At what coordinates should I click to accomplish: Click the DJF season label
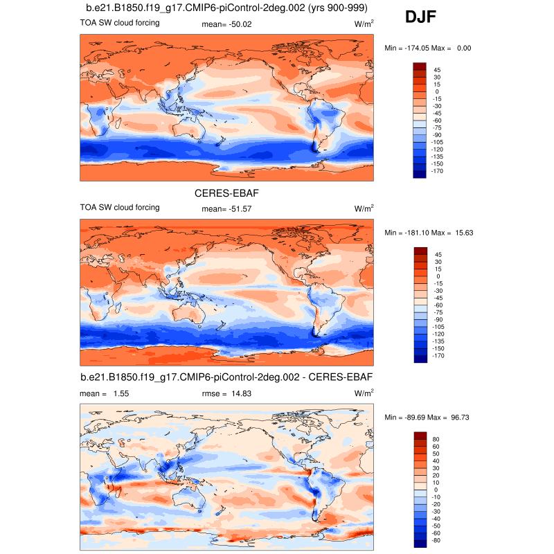click(x=420, y=16)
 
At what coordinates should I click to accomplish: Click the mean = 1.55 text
click(x=104, y=393)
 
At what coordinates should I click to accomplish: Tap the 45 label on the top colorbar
click(x=437, y=70)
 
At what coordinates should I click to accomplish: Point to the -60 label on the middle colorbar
click(x=438, y=305)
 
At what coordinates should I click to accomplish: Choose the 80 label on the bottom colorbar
click(x=437, y=438)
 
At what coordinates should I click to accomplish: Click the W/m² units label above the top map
click(x=364, y=24)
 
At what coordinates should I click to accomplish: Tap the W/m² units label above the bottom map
click(x=364, y=393)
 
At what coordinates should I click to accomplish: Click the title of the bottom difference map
click(x=226, y=377)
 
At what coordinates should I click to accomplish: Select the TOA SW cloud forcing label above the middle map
click(x=120, y=208)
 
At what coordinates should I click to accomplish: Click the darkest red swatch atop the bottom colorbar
click(x=420, y=435)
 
